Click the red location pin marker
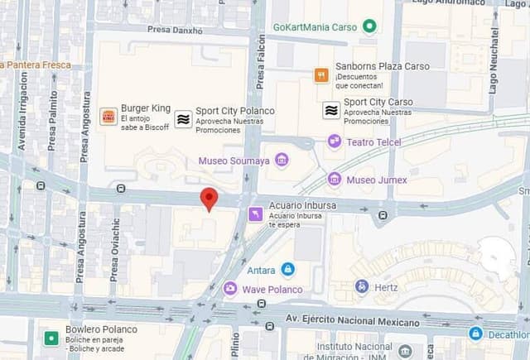[210, 199]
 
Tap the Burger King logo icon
[108, 117]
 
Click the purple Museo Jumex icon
[335, 179]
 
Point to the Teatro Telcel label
[373, 142]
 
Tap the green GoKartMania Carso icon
[369, 26]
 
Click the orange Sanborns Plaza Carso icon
[321, 75]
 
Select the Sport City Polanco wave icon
[183, 118]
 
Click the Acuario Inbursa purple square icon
[256, 214]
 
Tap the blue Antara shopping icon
[287, 269]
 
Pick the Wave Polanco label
[272, 290]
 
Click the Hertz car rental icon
[361, 286]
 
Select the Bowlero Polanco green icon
[51, 338]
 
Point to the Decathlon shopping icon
[475, 334]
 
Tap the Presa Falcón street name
[261, 61]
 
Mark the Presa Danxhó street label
[175, 31]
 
